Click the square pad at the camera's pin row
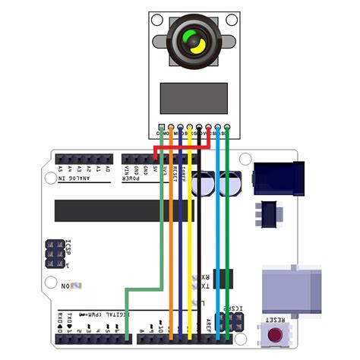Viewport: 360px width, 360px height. click(x=161, y=128)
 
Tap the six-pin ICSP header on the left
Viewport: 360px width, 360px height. click(x=54, y=254)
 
